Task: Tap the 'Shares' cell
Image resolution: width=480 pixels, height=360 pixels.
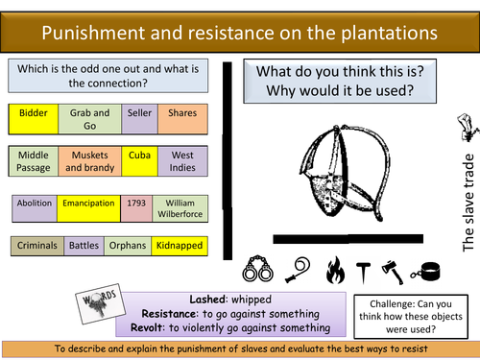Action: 182,113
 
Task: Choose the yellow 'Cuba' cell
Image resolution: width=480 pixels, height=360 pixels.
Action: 138,155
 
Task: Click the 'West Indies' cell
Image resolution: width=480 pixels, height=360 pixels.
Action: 182,161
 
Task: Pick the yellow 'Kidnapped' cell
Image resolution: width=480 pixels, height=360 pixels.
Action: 180,246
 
